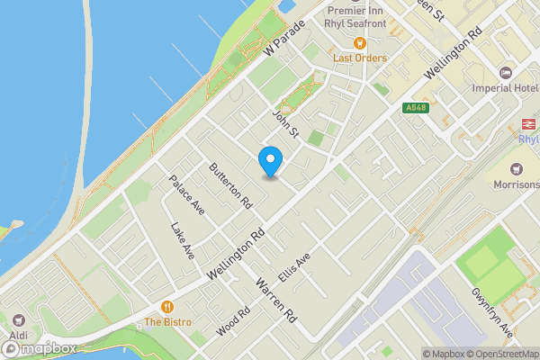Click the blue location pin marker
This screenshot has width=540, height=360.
click(270, 161)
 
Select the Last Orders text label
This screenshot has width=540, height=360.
click(360, 58)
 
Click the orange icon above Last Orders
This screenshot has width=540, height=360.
click(360, 43)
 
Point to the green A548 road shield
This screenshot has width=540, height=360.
click(415, 108)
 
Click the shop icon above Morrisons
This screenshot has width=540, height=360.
click(517, 169)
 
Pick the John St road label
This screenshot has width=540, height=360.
click(284, 123)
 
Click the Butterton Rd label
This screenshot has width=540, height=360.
click(229, 186)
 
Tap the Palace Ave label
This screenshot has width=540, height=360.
click(187, 195)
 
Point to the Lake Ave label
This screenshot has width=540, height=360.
click(183, 242)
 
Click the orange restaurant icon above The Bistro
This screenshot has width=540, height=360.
click(166, 307)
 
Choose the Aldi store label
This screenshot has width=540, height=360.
click(19, 336)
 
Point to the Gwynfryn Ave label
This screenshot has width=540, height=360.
click(491, 310)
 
